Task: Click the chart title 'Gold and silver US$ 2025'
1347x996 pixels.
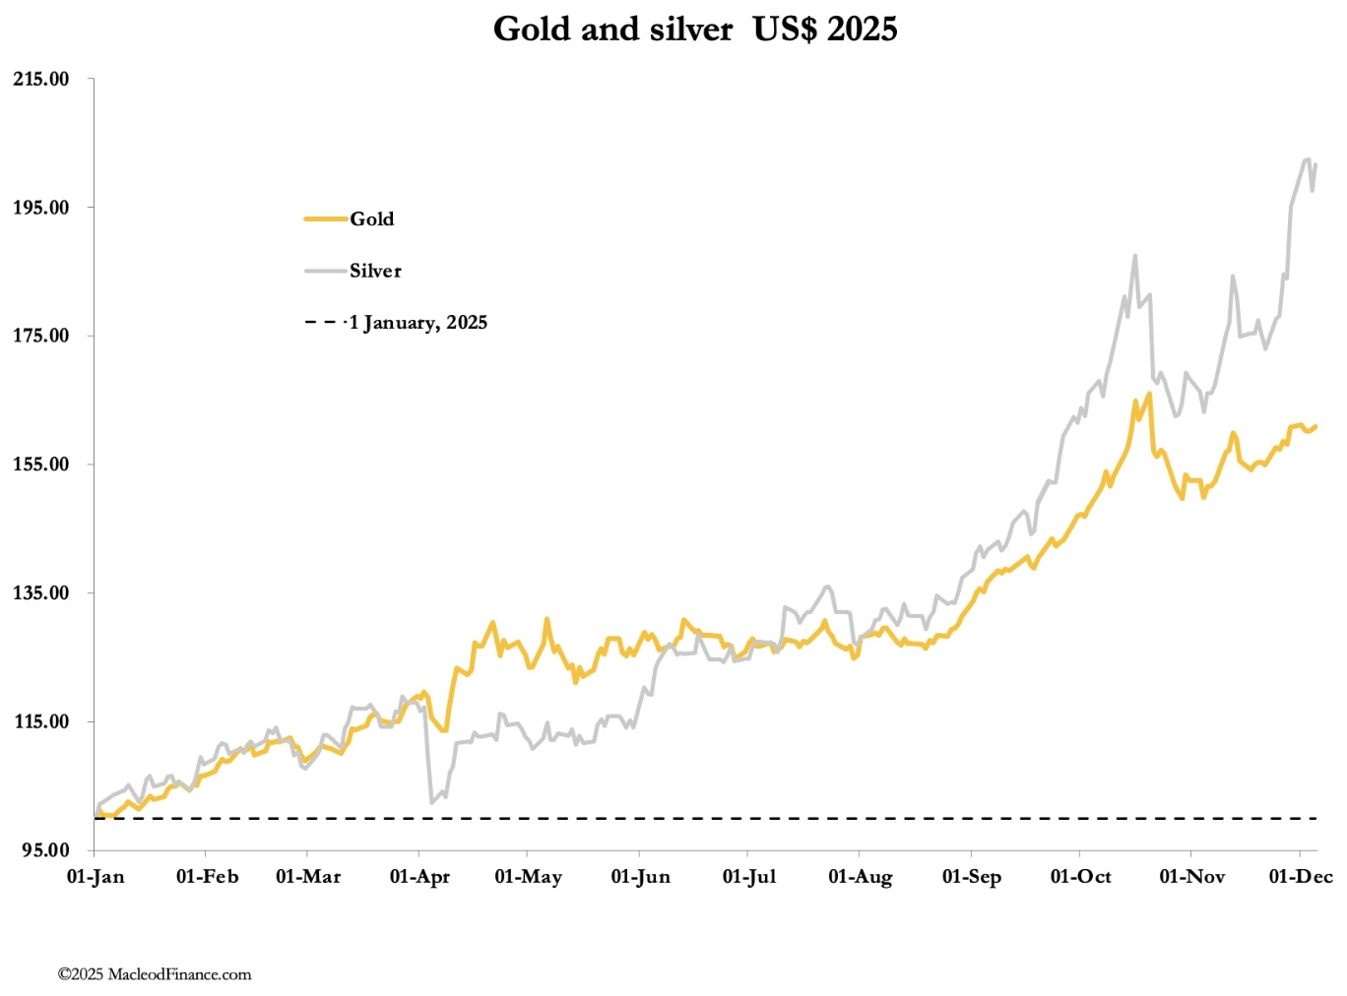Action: coord(695,29)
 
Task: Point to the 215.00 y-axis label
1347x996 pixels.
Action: coord(41,80)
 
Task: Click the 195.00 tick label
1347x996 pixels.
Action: coord(41,208)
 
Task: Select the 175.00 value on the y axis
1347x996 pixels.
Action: coord(41,336)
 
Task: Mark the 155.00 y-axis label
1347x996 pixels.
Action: coord(41,465)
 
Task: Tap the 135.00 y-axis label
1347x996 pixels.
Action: coord(41,592)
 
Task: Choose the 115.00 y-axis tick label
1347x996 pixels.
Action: coord(41,721)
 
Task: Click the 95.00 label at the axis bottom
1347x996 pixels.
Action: coord(45,850)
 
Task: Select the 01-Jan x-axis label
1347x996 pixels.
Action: coord(96,877)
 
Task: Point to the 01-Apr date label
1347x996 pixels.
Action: coord(419,877)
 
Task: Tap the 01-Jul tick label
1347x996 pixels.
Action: coord(749,877)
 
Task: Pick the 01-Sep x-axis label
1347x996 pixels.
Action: coord(972,877)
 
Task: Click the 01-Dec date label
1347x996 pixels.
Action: coord(1301,877)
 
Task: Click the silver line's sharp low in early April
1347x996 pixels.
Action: coord(431,802)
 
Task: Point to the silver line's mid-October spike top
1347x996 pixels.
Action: coord(1135,256)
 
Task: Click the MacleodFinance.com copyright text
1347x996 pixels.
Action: coord(155,974)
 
